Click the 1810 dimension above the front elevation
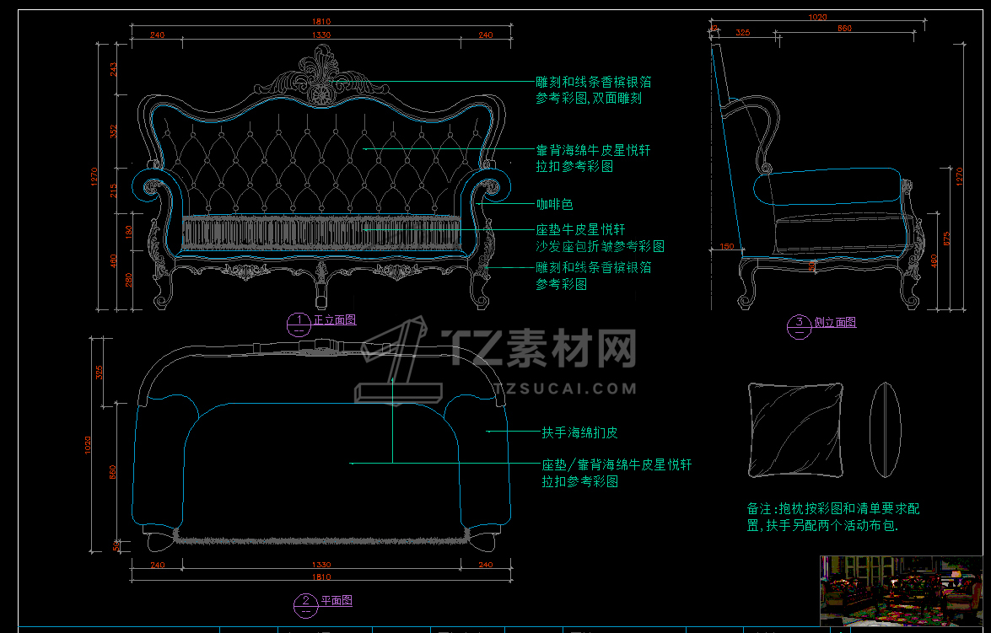321,21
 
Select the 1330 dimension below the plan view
321,564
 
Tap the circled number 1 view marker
299,321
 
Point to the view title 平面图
336,601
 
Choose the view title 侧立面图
835,323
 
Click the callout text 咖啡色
555,205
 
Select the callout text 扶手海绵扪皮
579,432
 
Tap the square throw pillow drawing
794,430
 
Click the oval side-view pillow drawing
885,430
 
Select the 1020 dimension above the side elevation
817,16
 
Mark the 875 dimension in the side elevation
946,239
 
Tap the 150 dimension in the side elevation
726,247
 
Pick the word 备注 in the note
759,509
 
